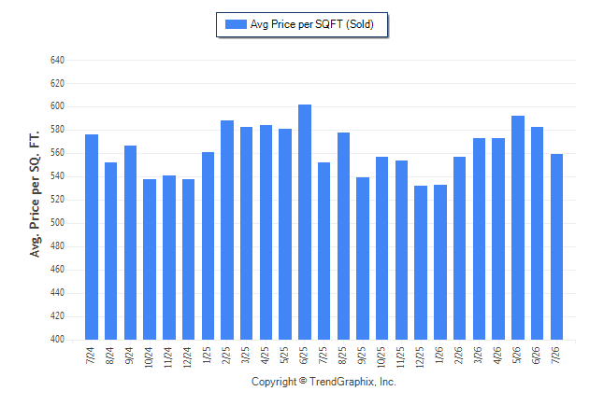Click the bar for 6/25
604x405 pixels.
305,222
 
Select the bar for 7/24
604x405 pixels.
92,237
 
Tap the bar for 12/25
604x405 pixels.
421,263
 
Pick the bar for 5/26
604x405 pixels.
518,228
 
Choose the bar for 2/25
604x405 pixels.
227,230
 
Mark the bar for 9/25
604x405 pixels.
363,258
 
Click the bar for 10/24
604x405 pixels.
150,259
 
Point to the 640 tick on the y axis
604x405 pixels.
57,60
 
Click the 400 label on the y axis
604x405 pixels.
57,340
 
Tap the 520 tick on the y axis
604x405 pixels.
57,200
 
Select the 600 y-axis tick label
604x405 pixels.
57,106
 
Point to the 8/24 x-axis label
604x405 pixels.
109,356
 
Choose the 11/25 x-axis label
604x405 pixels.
400,356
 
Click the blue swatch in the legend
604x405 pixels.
236,24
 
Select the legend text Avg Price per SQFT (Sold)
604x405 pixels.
312,24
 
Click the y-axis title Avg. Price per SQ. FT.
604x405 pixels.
35,194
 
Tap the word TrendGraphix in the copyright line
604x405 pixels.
342,382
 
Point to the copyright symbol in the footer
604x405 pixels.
303,381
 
